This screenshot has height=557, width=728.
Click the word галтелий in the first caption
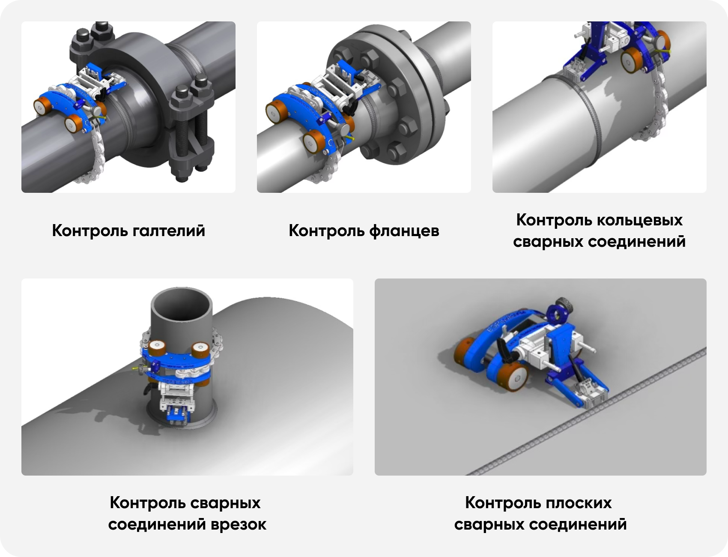169,231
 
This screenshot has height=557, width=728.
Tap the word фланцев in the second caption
404,231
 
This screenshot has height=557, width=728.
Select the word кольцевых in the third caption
640,220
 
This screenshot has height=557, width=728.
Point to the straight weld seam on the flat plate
587,411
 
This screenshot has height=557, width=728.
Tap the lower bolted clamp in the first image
191,133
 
